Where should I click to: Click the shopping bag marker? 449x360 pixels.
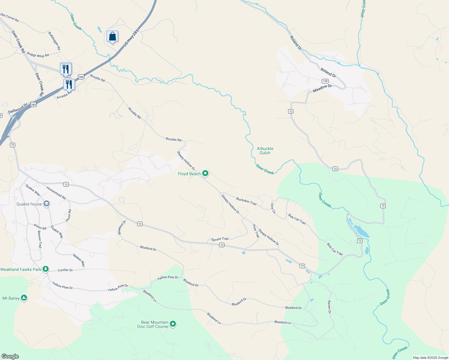[112, 37]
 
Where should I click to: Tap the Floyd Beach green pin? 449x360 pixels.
[205, 173]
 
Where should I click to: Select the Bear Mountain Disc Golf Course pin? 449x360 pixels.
[173, 324]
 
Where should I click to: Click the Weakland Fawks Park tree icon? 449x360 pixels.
[45, 269]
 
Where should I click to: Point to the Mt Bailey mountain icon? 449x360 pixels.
[24, 298]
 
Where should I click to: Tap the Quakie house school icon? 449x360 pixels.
[46, 204]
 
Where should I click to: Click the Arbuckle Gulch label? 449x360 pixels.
[265, 151]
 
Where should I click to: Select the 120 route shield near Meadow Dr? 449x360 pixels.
[325, 81]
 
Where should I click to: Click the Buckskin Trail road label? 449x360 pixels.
[246, 201]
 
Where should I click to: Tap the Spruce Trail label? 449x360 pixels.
[220, 239]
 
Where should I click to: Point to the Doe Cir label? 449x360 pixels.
[273, 208]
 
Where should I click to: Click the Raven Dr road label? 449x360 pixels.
[329, 307]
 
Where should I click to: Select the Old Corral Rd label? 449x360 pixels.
[10, 18]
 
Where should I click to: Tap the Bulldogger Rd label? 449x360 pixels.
[54, 41]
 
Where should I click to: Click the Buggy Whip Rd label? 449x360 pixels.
[38, 55]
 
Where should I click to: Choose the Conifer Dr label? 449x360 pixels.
[65, 270]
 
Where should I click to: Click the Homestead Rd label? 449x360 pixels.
[56, 193]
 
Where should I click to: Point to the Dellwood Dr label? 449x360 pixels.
[18, 109]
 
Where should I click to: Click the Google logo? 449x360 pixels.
[10, 356]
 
